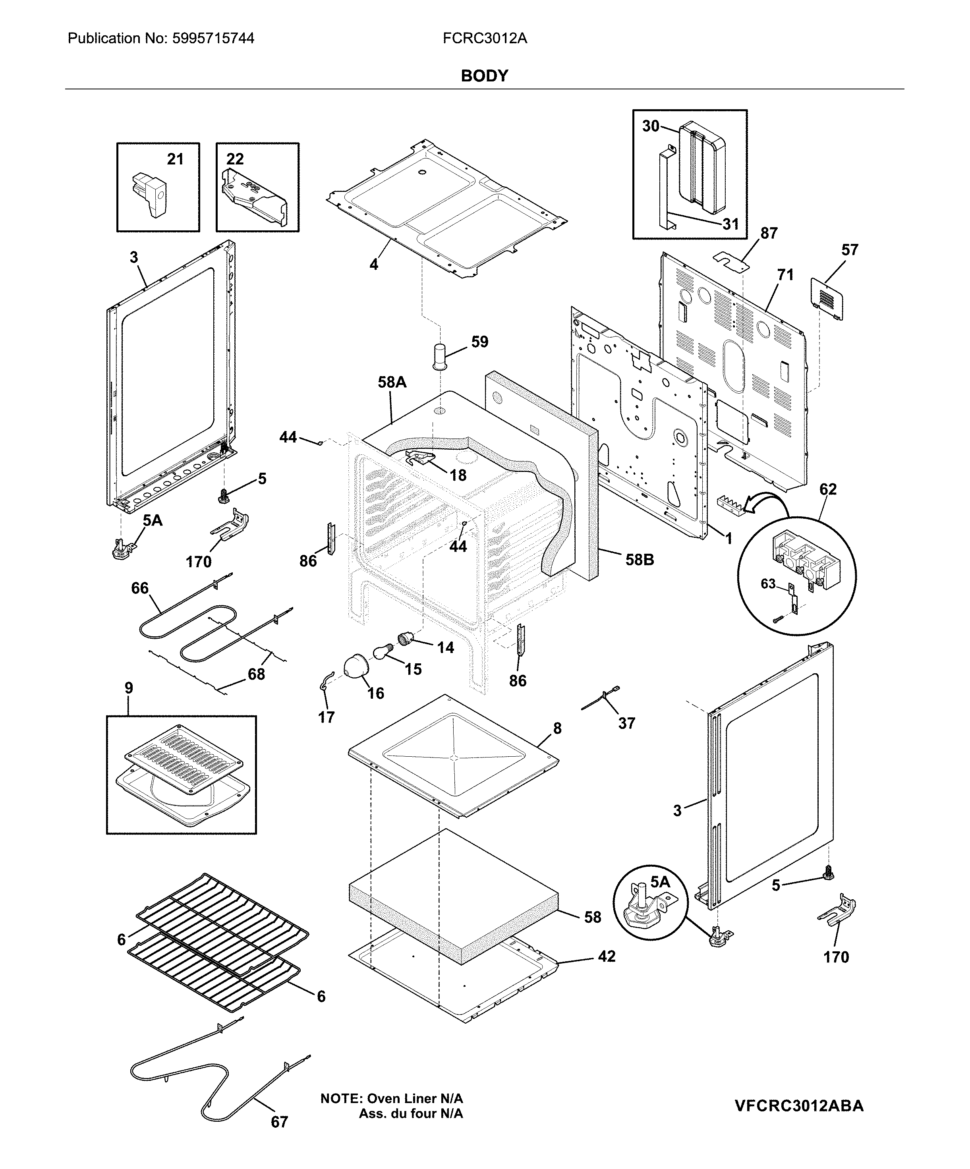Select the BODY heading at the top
click(x=484, y=76)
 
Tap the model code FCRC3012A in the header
click(x=485, y=39)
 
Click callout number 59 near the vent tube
click(x=480, y=342)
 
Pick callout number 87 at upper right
click(x=769, y=233)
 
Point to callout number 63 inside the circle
click(x=768, y=584)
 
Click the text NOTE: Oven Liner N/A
click(x=391, y=1098)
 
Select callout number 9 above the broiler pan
click(x=129, y=688)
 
